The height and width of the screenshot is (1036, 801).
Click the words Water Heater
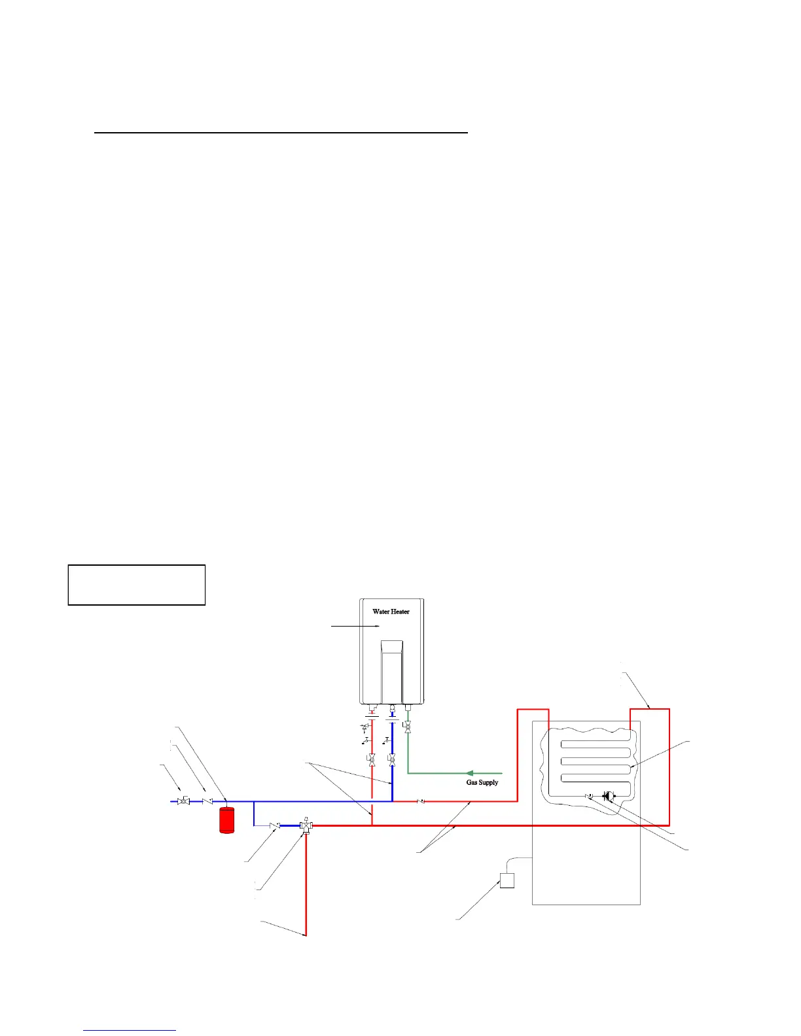(391, 612)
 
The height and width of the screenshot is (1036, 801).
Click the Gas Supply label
(482, 782)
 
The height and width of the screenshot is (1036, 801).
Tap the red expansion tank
(226, 820)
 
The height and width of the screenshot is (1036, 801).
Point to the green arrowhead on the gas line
(469, 773)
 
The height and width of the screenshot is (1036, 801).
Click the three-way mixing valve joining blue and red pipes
(306, 826)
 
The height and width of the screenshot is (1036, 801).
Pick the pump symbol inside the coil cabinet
(608, 796)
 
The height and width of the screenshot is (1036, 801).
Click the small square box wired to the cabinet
(507, 880)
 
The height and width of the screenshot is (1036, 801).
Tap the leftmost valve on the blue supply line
(183, 801)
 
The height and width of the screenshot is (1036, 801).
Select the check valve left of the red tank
(207, 801)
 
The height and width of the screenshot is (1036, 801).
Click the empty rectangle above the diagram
(137, 585)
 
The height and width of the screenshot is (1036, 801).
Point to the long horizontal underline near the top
(281, 133)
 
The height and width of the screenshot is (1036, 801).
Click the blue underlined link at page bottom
(130, 1030)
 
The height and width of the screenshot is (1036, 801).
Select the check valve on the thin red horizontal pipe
(421, 801)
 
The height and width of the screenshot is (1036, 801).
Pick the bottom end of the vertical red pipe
(306, 935)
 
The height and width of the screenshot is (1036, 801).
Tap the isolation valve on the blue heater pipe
(391, 760)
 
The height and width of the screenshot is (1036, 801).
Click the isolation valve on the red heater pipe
(372, 760)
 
